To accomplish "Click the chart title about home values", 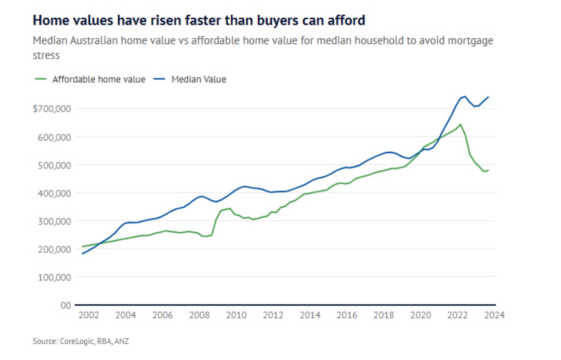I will (199, 20).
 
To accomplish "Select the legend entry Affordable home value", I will (98, 79).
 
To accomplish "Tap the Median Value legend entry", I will (198, 79).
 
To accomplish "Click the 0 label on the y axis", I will (66, 305).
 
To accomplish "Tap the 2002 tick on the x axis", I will (88, 315).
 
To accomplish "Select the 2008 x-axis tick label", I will (199, 315).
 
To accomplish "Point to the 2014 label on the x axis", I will (310, 315).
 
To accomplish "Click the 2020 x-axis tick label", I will (421, 315).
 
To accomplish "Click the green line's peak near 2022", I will (460, 124).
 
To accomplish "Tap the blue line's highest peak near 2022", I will (465, 96).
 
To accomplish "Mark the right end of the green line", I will (488, 170).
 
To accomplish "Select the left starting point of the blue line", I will (82, 253).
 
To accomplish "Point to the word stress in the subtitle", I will (46, 55).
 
